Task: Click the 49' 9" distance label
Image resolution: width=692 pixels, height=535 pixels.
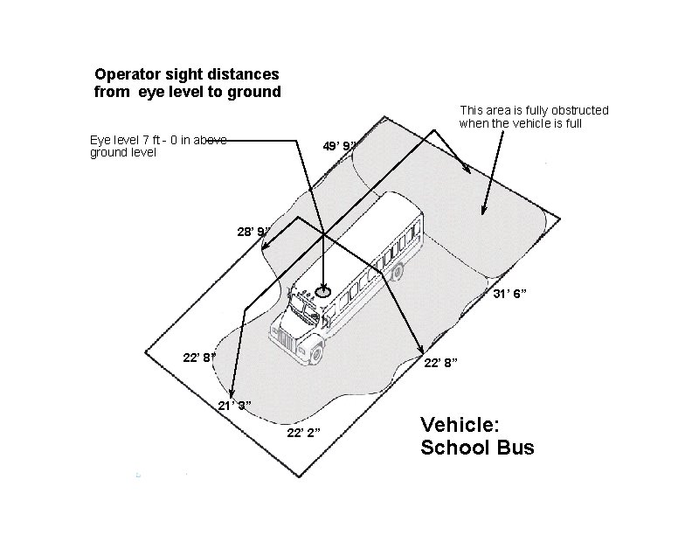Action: (x=338, y=146)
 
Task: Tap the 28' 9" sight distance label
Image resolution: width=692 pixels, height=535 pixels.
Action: (x=253, y=232)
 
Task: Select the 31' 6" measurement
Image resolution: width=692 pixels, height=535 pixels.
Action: (x=508, y=295)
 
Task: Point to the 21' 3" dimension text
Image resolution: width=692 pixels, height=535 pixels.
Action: (x=234, y=405)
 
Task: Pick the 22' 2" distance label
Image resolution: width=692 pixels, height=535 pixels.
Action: (x=303, y=432)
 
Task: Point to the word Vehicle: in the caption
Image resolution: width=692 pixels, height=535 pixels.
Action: (x=460, y=425)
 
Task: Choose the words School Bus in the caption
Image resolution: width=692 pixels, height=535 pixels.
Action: (x=477, y=448)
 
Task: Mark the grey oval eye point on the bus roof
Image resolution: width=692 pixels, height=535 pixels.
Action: (x=324, y=293)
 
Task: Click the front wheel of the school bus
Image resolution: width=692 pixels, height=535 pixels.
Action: (x=315, y=352)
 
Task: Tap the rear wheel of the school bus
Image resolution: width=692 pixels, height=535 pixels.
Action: (x=398, y=272)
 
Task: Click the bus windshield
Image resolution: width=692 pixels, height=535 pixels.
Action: (x=303, y=307)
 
